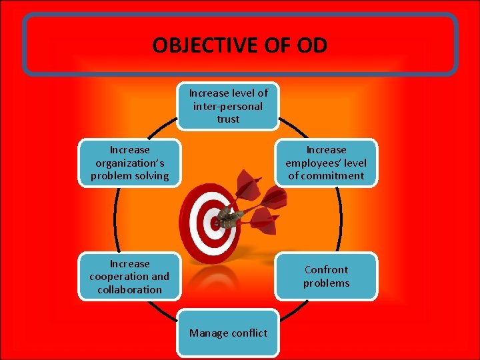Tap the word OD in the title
coord(311,45)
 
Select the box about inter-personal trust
coord(228,106)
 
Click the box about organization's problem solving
coord(130,163)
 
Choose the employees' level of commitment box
coord(326,163)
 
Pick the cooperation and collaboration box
coord(130,277)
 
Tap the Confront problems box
coord(326,276)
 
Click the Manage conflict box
coord(228,333)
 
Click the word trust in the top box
coord(228,119)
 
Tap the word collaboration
coord(130,289)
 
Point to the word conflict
coord(249,333)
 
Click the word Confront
coord(326,269)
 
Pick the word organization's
coord(130,163)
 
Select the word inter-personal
coord(228,106)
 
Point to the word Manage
coord(208,333)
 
